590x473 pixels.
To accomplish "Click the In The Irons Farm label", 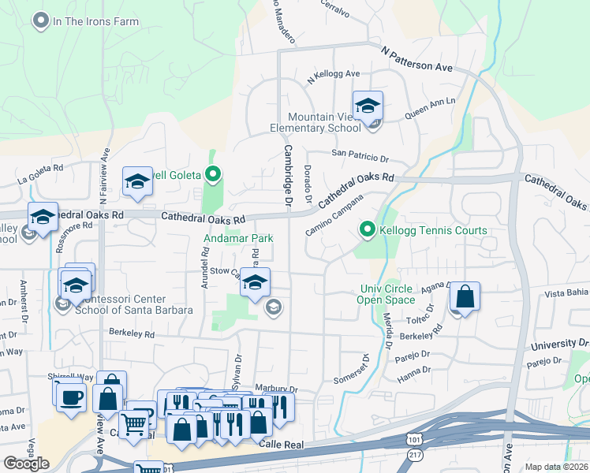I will tap(95, 22).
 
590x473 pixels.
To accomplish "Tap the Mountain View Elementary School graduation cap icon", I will tap(368, 106).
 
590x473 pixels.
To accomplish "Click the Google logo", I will tap(26, 464).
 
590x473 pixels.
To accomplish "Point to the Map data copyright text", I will tap(557, 467).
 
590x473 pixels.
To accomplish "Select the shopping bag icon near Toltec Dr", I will tap(465, 298).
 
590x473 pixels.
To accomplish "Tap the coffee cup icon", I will tap(70, 397).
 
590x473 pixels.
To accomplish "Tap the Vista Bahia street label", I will tap(566, 292).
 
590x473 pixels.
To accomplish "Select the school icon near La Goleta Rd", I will tap(137, 182).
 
